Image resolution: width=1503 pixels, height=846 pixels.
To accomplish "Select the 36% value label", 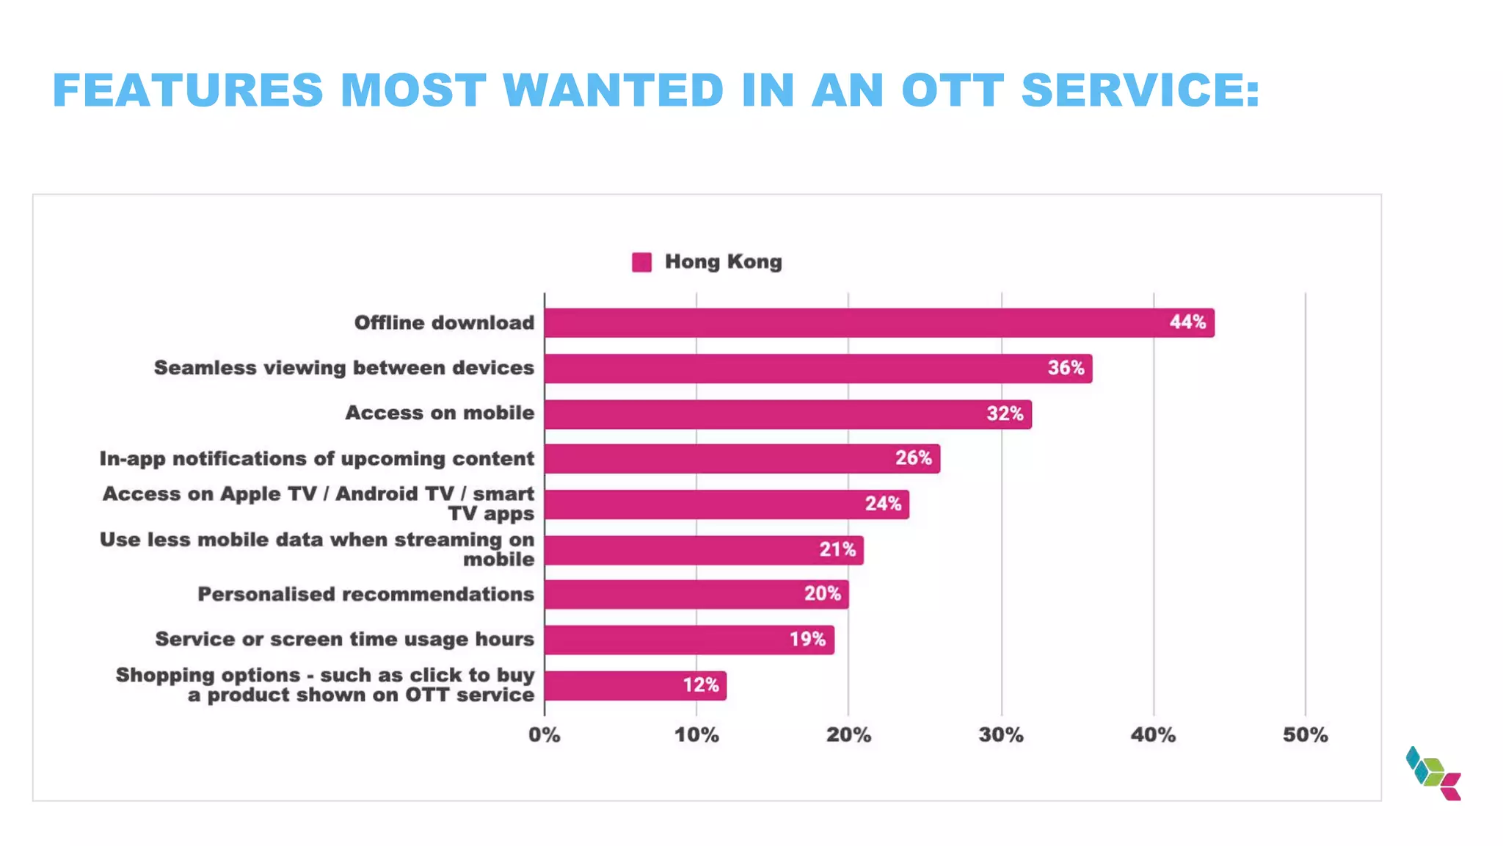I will coord(1066,368).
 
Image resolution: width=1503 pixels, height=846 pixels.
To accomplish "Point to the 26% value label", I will coord(913,458).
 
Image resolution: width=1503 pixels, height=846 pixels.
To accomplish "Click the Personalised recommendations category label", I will coord(365,594).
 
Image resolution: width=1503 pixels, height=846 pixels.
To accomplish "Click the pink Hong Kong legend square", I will coord(641,262).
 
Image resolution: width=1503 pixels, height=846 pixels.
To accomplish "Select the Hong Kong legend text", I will coord(723,261).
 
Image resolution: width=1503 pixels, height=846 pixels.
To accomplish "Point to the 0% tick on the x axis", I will coord(544,735).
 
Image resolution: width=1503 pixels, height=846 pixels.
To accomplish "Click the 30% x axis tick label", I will coord(1001,735).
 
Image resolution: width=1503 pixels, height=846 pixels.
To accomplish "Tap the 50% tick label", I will coord(1305,735).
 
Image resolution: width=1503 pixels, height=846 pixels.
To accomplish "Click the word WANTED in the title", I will coord(614,90).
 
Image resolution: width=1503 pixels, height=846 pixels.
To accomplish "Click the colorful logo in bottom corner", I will coord(1433,773).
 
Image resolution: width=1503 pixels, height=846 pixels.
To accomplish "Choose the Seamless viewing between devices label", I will coord(343,368).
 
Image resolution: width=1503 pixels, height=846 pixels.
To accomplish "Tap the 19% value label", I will coord(807,640).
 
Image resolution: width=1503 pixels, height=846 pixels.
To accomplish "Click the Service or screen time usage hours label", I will coord(344,640).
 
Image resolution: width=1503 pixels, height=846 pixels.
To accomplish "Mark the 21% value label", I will coord(837,549).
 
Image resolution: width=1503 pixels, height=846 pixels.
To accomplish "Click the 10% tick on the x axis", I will coord(696,735).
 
